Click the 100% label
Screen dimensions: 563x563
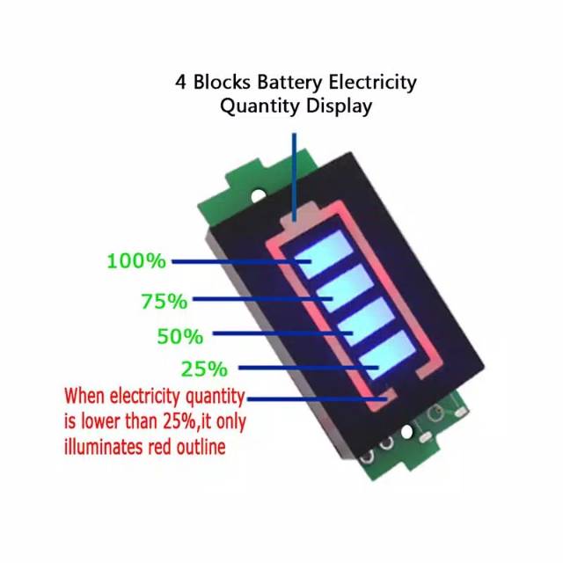point(135,261)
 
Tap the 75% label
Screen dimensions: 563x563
point(164,302)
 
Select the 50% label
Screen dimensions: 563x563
point(179,336)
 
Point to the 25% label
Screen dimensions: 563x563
point(204,369)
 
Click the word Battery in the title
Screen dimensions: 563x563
point(289,83)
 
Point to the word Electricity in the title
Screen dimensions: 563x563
point(372,83)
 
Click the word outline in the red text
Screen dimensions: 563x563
point(199,447)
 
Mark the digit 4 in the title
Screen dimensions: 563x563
point(180,83)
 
